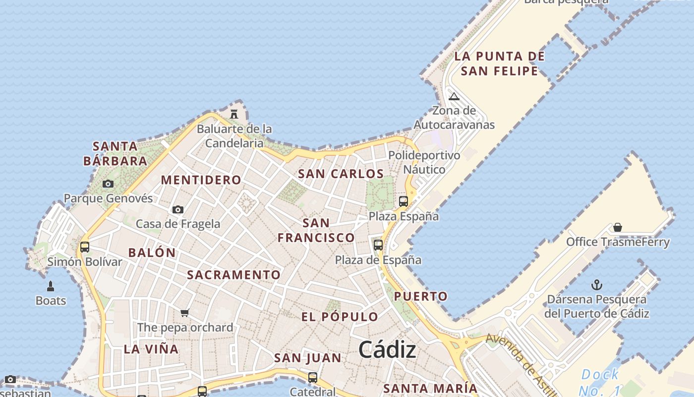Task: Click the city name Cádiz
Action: coord(387,350)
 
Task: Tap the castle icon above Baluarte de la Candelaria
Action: coord(234,114)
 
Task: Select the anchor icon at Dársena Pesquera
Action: coord(597,285)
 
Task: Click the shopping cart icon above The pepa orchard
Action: coord(185,313)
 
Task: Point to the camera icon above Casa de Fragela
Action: coord(178,209)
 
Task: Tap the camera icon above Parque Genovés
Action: coord(108,184)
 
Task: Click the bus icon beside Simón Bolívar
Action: coord(85,247)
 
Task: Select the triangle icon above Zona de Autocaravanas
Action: coord(454,96)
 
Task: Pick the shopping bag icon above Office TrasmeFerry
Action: coord(618,227)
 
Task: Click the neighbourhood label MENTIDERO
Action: coord(201,180)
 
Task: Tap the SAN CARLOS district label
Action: coord(341,174)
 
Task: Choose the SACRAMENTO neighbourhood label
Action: coord(233,274)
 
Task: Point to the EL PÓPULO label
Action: coord(340,317)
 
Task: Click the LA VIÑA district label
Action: coord(151,349)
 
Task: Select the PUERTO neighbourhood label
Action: coord(420,296)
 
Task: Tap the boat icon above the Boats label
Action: coord(50,286)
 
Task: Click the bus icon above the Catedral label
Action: coord(313,377)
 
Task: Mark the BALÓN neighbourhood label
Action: coord(152,252)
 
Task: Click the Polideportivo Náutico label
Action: coord(424,162)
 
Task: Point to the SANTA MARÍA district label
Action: coord(430,388)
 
